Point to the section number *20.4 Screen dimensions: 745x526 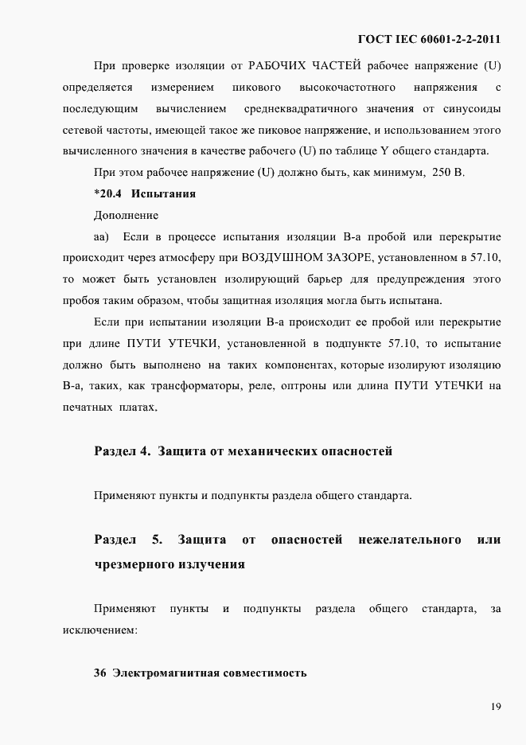(107, 193)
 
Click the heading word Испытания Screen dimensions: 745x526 (164, 193)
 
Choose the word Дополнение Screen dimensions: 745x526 (126, 215)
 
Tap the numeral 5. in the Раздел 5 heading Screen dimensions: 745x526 (158, 540)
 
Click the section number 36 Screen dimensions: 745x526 (100, 673)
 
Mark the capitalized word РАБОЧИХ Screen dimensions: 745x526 (281, 64)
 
